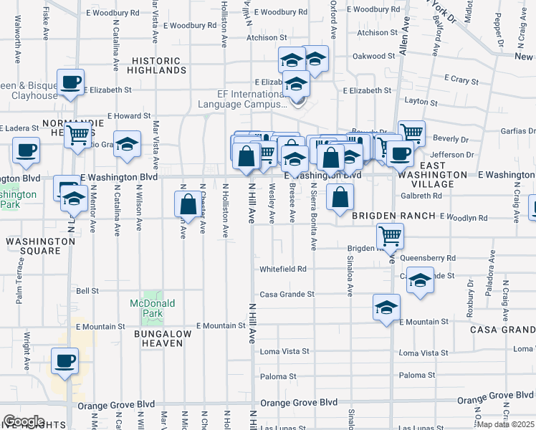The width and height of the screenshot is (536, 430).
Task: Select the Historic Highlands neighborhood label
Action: pyautogui.click(x=157, y=66)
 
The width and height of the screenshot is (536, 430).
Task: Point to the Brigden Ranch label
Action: pyautogui.click(x=394, y=216)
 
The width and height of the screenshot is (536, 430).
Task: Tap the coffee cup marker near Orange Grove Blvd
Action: pyautogui.click(x=65, y=360)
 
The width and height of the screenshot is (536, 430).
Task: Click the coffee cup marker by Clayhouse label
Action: pyautogui.click(x=70, y=82)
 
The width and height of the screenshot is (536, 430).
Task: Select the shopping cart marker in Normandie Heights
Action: pyautogui.click(x=78, y=133)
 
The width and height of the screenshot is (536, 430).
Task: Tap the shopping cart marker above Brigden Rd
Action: pyautogui.click(x=390, y=235)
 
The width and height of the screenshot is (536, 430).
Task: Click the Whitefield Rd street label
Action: pyautogui.click(x=283, y=269)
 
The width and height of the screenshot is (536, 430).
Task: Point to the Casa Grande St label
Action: pyautogui.click(x=287, y=294)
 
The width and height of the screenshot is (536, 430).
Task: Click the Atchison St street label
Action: pyautogui.click(x=267, y=37)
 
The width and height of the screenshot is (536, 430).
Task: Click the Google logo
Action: pyautogui.click(x=24, y=421)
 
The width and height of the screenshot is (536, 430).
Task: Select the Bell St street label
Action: pyautogui.click(x=87, y=291)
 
